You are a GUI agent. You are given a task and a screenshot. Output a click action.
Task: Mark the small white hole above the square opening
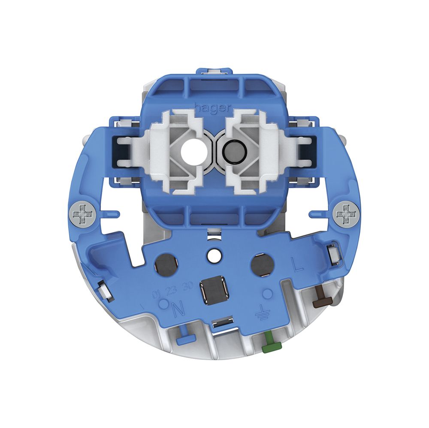213,256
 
